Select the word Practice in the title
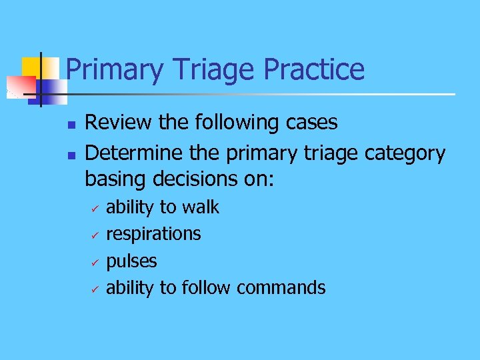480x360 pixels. [314, 70]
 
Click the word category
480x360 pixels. [405, 154]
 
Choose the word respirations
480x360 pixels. [153, 234]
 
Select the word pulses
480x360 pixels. [131, 261]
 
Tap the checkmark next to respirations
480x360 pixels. [95, 235]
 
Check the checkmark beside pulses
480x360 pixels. [95, 261]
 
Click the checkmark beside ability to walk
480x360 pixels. [95, 208]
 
